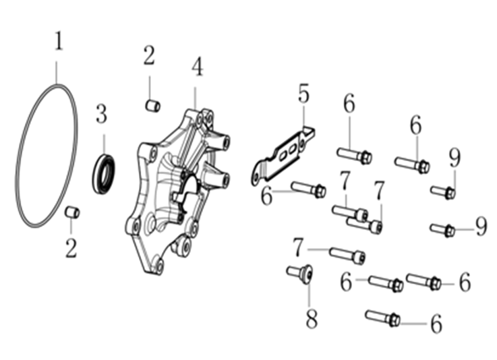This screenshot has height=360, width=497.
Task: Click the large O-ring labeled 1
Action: point(19,158)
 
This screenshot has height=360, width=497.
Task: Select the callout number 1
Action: point(58,40)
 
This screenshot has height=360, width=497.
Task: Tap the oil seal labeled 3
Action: point(104,173)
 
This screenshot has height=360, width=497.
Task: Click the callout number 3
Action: point(101,115)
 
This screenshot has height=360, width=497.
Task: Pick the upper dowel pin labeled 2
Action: point(153,106)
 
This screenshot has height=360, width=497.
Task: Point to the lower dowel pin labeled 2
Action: point(72,212)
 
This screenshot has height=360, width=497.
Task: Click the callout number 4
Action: point(197,67)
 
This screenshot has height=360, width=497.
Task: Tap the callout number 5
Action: point(303,93)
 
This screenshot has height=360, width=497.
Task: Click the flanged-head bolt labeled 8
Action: point(300,274)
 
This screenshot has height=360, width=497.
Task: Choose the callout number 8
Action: point(312,318)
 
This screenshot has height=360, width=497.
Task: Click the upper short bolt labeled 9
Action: point(443,192)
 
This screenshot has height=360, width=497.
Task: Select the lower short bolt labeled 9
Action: point(443,229)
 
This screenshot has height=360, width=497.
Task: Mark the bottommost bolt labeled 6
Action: point(382,318)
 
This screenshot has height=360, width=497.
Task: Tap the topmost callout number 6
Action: point(349,104)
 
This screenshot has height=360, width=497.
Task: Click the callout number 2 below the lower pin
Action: point(71,248)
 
